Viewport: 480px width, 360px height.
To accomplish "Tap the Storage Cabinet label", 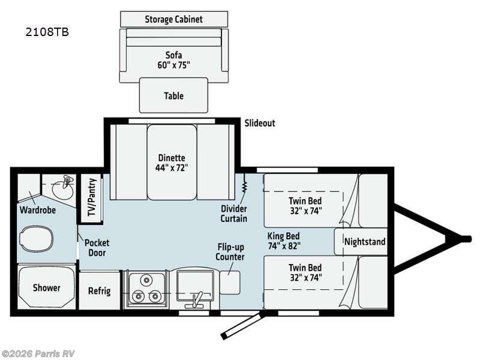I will (173, 19).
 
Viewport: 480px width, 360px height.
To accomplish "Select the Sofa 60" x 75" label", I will (173, 59).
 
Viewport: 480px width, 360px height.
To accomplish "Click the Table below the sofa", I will (173, 95).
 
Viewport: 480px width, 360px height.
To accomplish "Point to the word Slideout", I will (259, 123).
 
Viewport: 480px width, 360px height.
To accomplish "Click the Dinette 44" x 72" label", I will (173, 163).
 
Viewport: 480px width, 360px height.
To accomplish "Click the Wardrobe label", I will (38, 211).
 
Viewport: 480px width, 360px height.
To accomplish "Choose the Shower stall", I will (46, 287).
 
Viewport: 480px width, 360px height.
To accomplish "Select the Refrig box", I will (100, 290).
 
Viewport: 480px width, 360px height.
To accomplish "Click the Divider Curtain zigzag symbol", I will (245, 182).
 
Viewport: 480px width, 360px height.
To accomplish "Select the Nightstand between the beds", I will (365, 242).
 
